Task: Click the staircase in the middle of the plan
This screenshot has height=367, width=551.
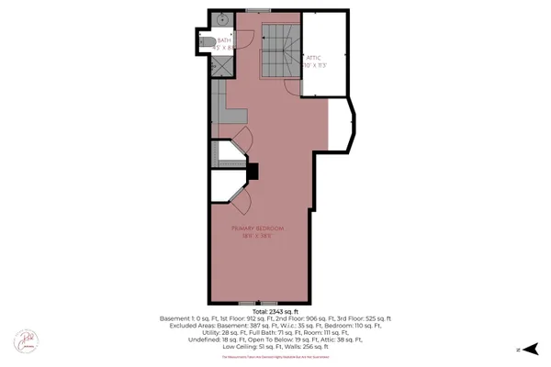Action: click(276, 50)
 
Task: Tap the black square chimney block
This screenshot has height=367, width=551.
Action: click(253, 171)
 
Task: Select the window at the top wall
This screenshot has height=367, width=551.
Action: click(258, 10)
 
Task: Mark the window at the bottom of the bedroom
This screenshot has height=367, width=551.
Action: click(256, 302)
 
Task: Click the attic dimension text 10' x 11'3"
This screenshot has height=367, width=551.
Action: click(316, 66)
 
